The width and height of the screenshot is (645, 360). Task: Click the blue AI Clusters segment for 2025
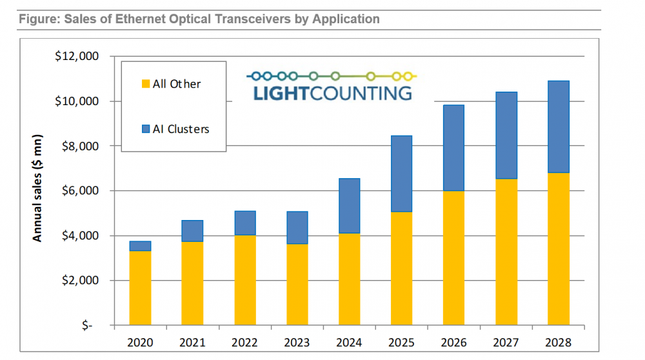[401, 174]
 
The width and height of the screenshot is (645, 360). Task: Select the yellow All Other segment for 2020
[140, 288]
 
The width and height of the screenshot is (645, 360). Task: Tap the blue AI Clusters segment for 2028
[559, 126]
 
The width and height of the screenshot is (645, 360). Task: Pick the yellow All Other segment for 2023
[297, 285]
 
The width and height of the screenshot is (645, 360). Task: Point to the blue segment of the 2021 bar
[192, 231]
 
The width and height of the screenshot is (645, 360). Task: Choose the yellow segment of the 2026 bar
[453, 258]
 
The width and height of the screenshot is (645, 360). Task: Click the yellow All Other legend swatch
[146, 84]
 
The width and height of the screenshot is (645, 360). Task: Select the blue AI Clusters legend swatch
[146, 129]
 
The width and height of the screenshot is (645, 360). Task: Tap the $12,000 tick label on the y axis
[77, 56]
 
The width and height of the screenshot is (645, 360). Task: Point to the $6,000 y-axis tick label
[79, 191]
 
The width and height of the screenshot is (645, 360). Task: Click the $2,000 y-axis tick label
[79, 281]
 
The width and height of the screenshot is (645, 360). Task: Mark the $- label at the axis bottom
[88, 326]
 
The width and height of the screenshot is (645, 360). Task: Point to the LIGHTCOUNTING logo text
[332, 92]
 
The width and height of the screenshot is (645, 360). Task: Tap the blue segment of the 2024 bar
[349, 206]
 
